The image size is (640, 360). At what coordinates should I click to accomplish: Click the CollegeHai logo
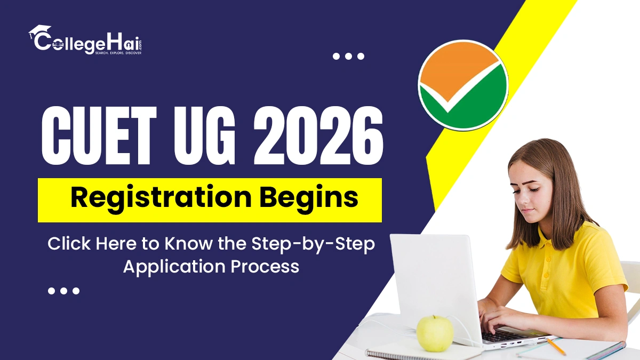tap(85, 40)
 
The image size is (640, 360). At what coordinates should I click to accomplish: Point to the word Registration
tap(161, 198)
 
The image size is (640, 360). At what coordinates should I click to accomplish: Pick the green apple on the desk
tap(435, 333)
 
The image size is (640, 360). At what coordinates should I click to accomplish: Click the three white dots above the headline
tap(348, 56)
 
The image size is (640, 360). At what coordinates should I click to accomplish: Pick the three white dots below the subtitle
tap(63, 291)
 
